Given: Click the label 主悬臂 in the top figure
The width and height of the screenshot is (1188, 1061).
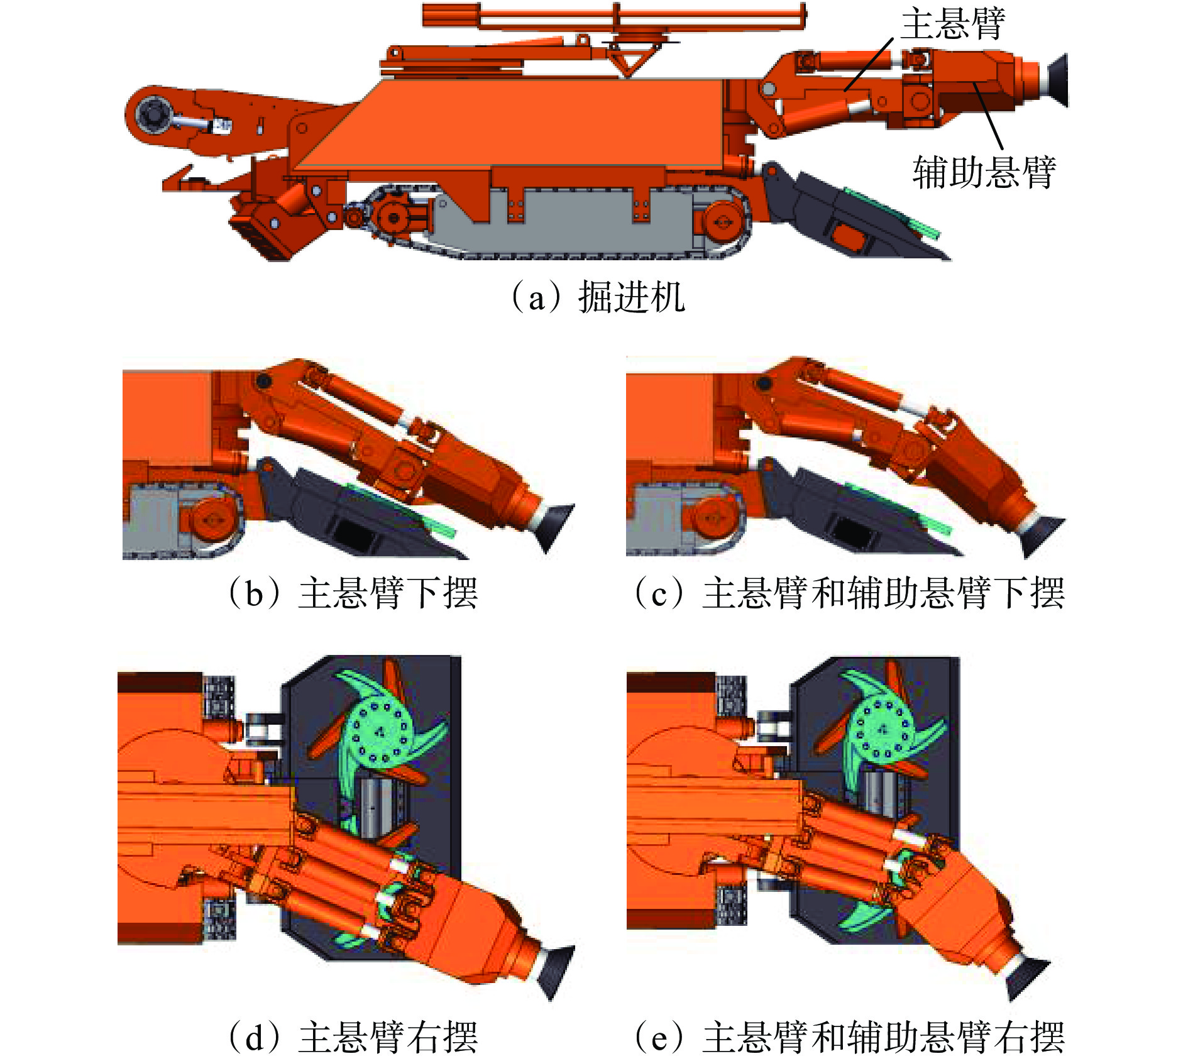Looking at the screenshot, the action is point(953,23).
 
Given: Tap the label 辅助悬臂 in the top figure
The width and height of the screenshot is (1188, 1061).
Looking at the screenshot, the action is point(984,172).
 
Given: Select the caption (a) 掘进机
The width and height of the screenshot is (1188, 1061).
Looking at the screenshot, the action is point(598,297).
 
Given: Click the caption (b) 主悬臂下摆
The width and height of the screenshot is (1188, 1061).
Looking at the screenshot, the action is point(353,592).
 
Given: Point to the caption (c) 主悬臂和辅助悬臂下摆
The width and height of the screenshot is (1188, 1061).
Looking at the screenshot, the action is point(849,592).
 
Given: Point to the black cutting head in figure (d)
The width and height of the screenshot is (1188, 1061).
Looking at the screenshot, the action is point(556,971).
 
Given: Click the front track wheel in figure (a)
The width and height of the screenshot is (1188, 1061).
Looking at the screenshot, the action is point(722,221).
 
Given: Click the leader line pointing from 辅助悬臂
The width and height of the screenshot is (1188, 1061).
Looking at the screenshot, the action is point(987,116).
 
